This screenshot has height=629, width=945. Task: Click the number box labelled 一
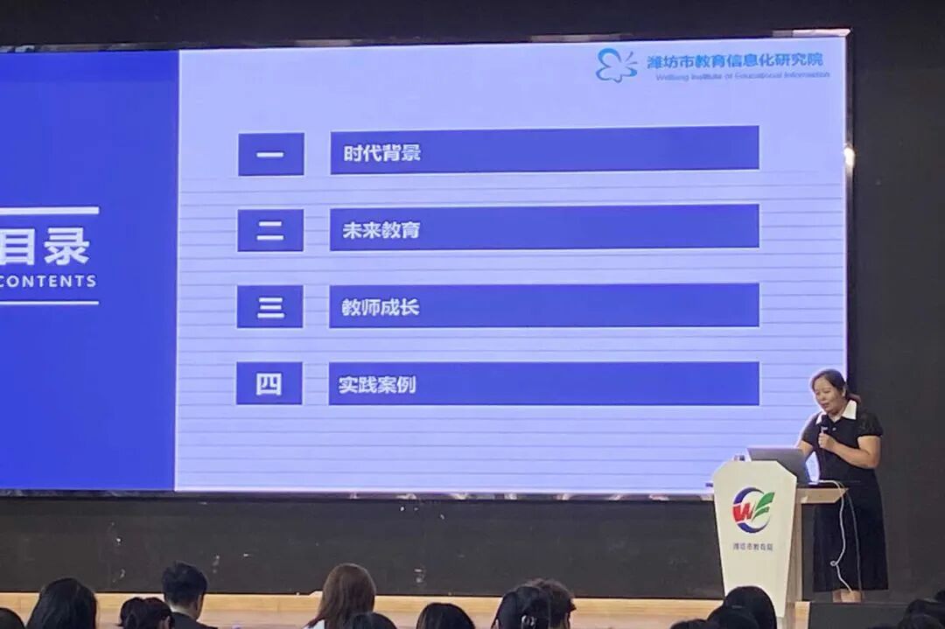[x=271, y=155]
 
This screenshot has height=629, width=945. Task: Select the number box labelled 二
[x=270, y=231]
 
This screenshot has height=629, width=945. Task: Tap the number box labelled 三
[x=269, y=307]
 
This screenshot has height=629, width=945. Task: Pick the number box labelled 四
[x=269, y=384]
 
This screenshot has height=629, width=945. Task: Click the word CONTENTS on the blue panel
[x=48, y=282]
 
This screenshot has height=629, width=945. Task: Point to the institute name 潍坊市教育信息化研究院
[x=735, y=60]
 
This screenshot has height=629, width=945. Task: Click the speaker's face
[x=828, y=392]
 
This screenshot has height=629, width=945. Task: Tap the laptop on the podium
[x=779, y=464]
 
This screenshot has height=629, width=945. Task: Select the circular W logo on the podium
[x=752, y=509]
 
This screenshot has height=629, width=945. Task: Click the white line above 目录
[x=48, y=211]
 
